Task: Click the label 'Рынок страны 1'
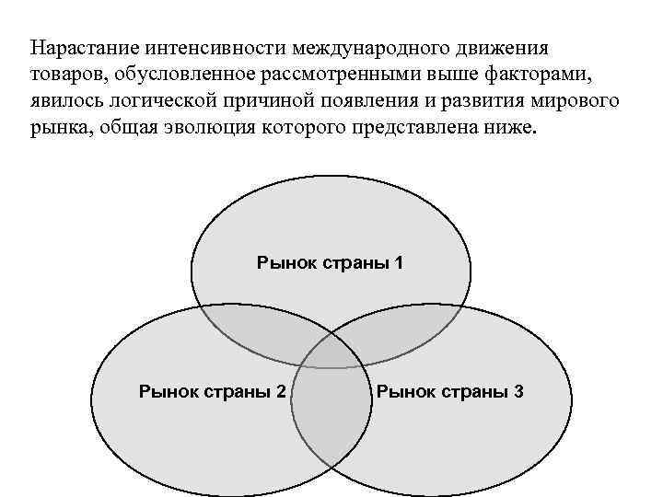click(x=330, y=263)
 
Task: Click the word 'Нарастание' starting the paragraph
click(x=78, y=46)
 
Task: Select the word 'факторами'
click(x=549, y=73)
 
